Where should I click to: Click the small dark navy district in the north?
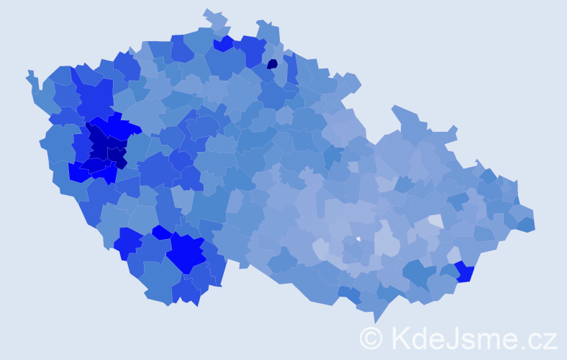point(272,63)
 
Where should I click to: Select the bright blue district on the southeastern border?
point(463,271)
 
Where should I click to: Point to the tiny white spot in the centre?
point(358,238)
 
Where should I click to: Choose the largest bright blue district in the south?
point(186,252)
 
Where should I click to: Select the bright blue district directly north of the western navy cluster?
point(115,127)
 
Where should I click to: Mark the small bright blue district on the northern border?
point(223,43)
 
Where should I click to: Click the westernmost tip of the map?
point(29,73)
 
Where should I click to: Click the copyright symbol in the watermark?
point(371,338)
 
